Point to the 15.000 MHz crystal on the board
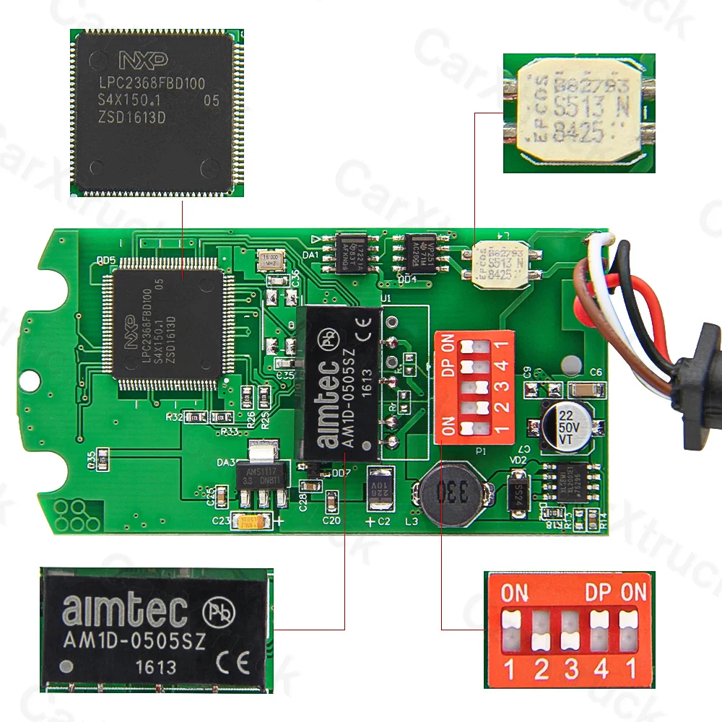(272, 259)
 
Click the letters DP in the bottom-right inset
(599, 593)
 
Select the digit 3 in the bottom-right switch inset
(570, 669)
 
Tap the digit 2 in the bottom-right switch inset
(540, 669)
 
